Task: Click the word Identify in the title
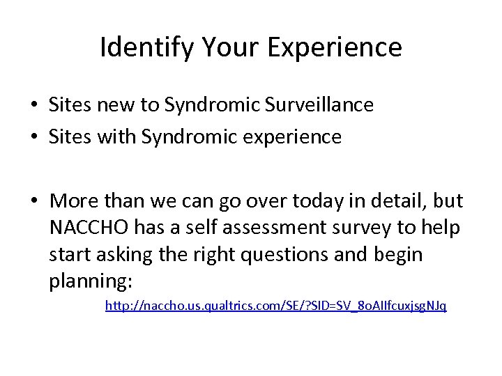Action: pyautogui.click(x=139, y=47)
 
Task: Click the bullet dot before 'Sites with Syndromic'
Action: pyautogui.click(x=33, y=138)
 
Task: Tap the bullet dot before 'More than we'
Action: pyautogui.click(x=33, y=201)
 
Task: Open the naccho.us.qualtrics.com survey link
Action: pyautogui.click(x=275, y=306)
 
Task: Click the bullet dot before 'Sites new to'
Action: pyautogui.click(x=33, y=106)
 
